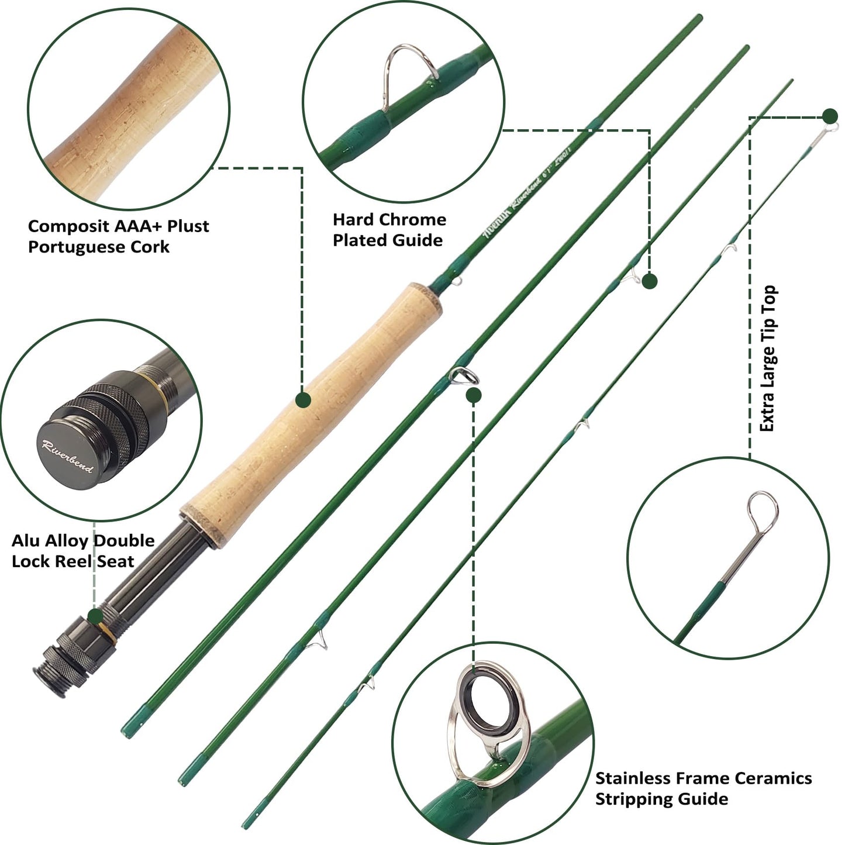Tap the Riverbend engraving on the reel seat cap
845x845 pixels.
click(67, 456)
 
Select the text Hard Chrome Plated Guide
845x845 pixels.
click(389, 230)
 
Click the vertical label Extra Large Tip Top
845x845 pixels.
click(767, 358)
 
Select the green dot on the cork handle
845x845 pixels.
click(303, 400)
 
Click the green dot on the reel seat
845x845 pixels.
click(95, 616)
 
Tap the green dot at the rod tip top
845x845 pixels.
click(829, 116)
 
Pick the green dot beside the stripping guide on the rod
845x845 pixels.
click(474, 396)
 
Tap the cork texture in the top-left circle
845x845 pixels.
click(129, 105)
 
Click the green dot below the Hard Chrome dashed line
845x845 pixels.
click(650, 281)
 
